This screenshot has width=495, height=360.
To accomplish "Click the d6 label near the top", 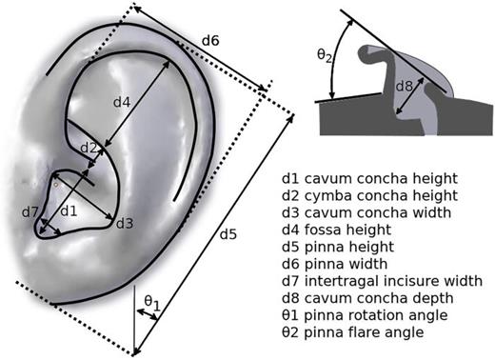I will click(x=210, y=42).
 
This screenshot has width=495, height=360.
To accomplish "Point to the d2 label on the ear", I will click(x=89, y=148).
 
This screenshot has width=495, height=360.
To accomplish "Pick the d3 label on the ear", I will click(x=125, y=223).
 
